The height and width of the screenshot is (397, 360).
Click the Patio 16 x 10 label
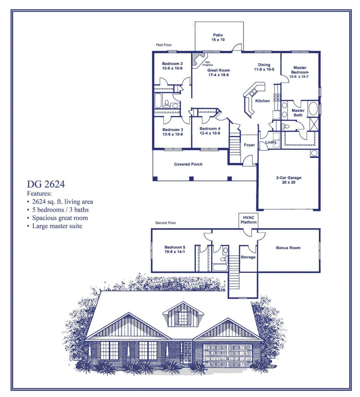click(x=218, y=37)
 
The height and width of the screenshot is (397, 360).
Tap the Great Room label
click(x=219, y=70)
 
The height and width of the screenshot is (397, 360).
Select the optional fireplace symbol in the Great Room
click(x=197, y=60)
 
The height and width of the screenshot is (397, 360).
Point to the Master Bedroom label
click(x=300, y=70)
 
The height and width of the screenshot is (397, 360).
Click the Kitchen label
click(x=262, y=101)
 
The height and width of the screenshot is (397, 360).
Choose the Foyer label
click(x=249, y=145)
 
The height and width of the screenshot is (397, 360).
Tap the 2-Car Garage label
click(x=289, y=178)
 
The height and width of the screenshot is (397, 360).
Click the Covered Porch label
click(x=188, y=164)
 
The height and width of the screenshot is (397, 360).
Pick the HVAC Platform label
click(x=249, y=220)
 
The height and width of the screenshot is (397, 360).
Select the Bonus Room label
click(x=288, y=248)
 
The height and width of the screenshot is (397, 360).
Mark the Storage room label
click(x=248, y=257)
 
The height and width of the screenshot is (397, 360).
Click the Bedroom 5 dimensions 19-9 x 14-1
click(x=175, y=252)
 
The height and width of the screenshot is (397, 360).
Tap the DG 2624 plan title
click(x=46, y=184)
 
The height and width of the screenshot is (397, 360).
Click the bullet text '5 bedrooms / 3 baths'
click(x=60, y=210)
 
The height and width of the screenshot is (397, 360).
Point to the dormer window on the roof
click(x=183, y=317)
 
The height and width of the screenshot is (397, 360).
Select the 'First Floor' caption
click(x=164, y=45)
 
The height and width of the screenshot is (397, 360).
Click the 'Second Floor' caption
click(x=166, y=223)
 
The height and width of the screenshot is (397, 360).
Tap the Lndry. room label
click(x=271, y=142)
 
